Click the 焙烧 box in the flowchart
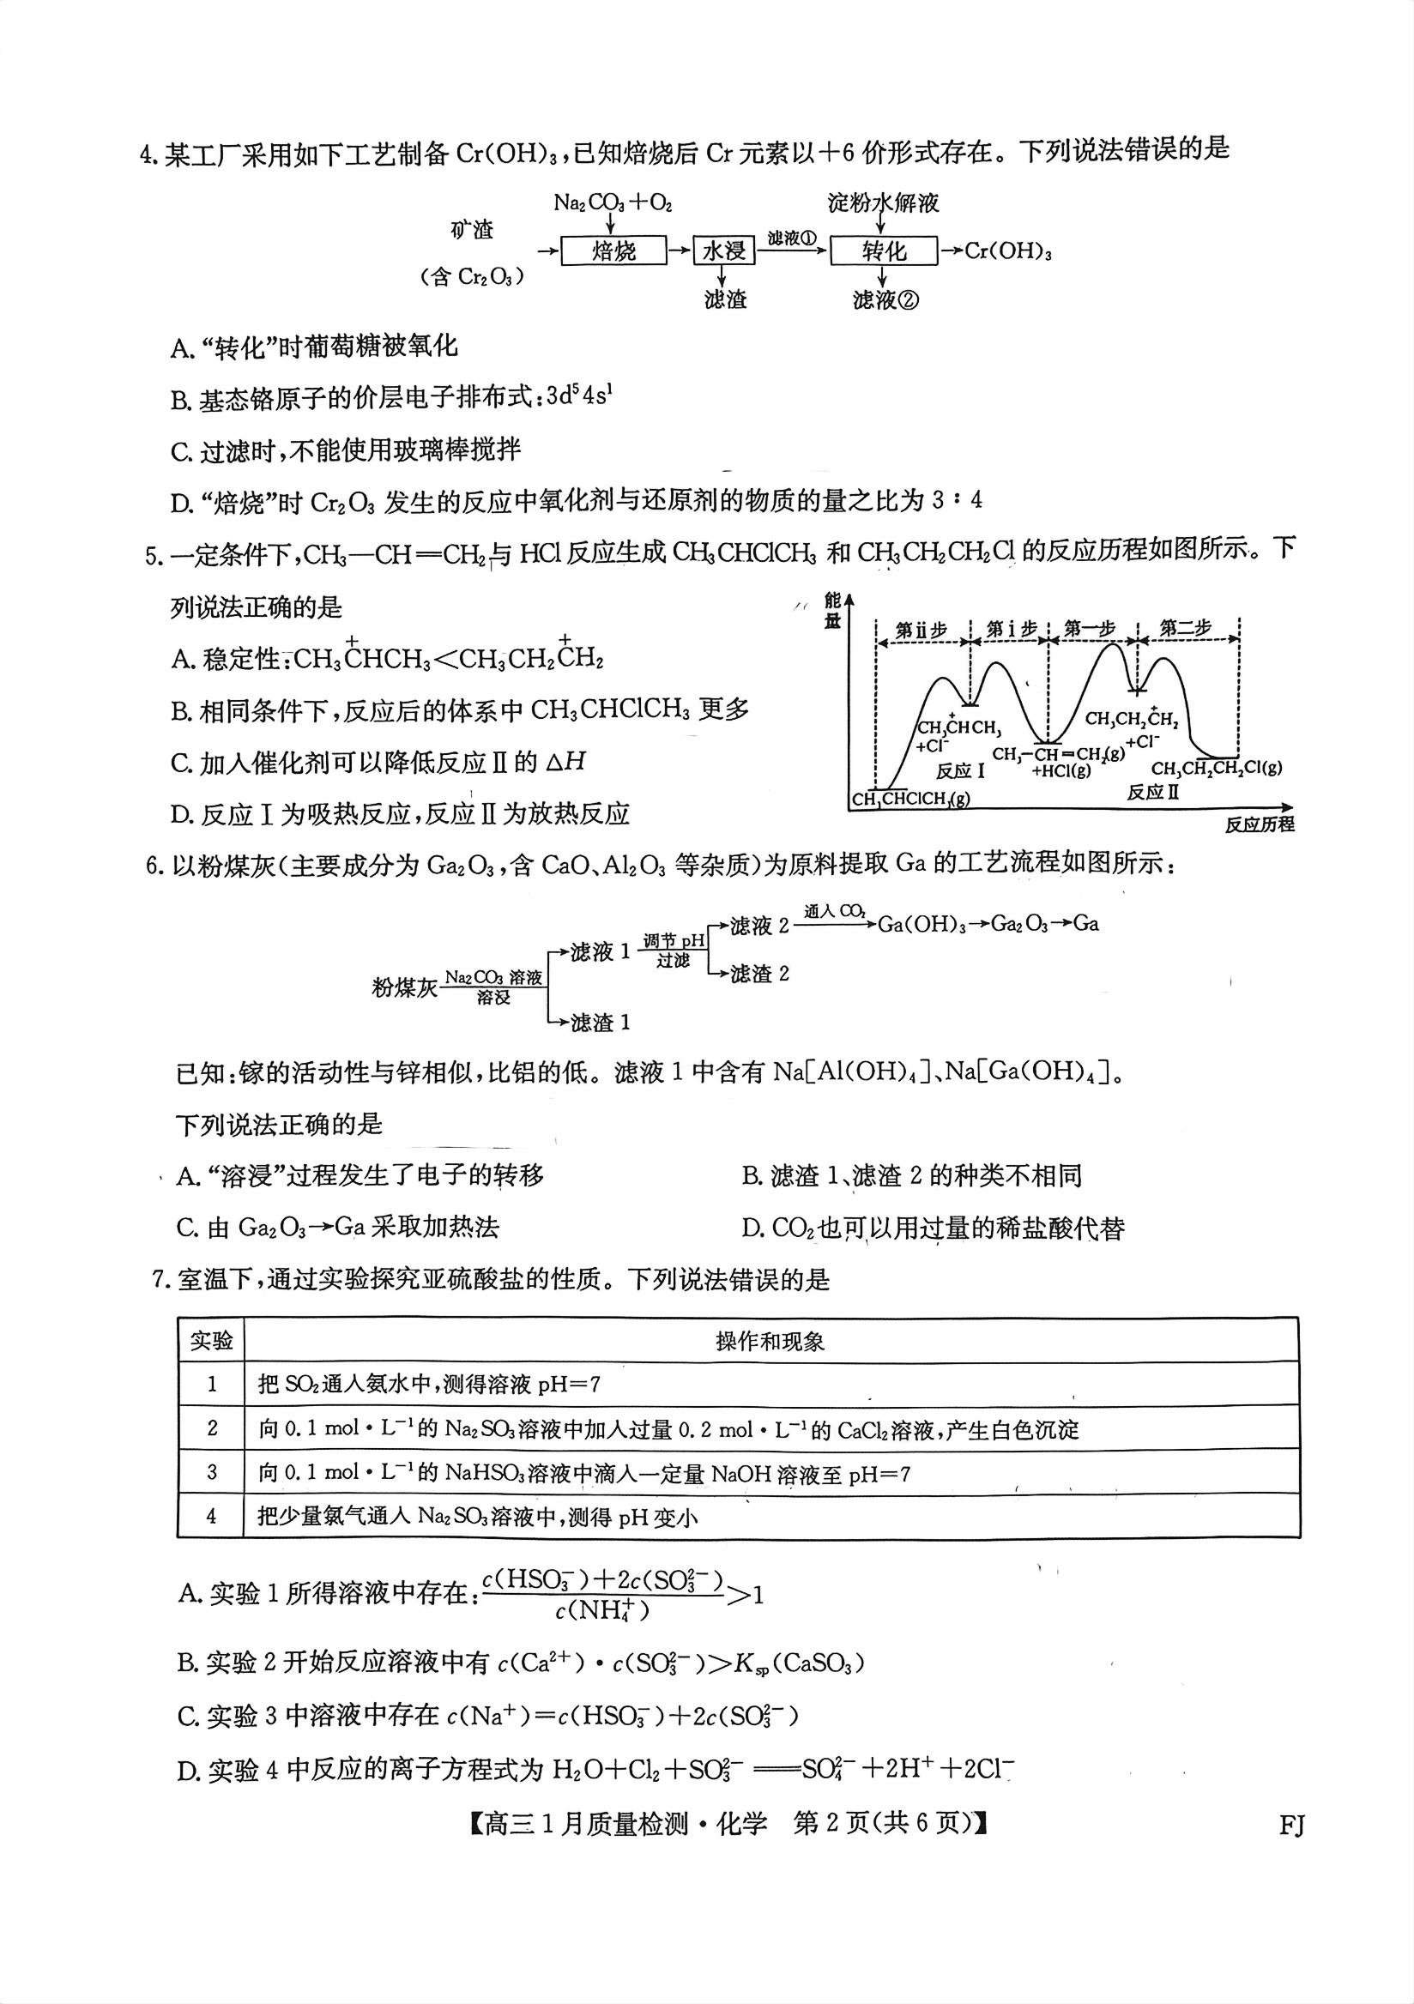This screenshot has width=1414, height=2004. (613, 251)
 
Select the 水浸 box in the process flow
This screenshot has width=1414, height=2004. (723, 251)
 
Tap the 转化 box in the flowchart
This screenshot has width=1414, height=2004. (883, 251)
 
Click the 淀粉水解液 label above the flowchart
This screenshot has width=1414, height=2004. (882, 203)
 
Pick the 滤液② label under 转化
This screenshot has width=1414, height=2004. (885, 300)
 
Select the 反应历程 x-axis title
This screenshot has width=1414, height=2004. (1259, 824)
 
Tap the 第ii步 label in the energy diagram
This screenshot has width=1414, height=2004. (921, 630)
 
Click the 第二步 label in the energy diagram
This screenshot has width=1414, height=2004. (1186, 628)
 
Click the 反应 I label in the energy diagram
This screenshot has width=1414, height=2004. (959, 770)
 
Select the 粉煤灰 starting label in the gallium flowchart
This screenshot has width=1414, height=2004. (404, 987)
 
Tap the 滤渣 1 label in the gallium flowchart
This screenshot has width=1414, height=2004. (600, 1022)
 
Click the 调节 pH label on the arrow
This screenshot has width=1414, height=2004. (673, 941)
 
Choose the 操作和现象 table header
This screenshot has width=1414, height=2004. (770, 1341)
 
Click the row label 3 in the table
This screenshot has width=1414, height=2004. (211, 1472)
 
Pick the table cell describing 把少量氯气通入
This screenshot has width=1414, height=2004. (476, 1517)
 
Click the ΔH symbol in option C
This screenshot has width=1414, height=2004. (565, 762)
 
